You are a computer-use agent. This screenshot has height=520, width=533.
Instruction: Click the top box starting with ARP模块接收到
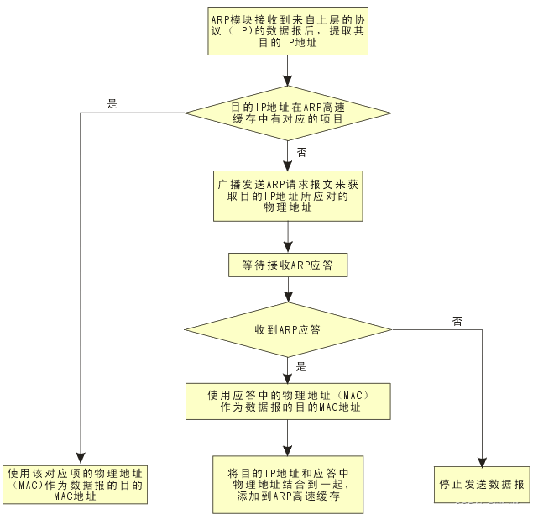point(288,32)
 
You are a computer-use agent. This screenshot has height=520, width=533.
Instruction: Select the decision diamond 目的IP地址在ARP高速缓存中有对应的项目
point(288,113)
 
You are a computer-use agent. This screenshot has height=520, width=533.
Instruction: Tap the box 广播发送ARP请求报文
point(288,195)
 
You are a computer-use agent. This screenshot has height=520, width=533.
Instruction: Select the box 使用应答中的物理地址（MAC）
point(288,401)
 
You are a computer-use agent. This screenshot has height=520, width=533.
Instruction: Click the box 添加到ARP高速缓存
point(288,484)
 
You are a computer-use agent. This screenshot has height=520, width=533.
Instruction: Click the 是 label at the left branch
point(112,104)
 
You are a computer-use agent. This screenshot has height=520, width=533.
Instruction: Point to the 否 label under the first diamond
point(302,152)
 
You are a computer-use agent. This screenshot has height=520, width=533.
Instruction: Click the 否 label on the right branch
point(457,321)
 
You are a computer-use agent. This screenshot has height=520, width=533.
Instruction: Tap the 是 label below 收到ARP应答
point(301,366)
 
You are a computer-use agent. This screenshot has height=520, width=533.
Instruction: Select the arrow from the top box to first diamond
point(288,71)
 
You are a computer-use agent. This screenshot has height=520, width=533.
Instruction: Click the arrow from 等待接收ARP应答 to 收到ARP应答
point(288,290)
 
